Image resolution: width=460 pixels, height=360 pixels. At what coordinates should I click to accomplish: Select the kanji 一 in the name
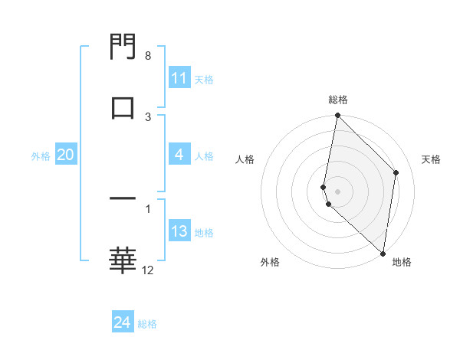123,199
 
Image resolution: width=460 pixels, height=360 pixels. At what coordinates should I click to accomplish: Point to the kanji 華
123,260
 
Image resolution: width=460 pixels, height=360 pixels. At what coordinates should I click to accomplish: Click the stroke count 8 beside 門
148,56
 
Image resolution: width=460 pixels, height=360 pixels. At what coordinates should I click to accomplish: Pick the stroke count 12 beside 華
148,270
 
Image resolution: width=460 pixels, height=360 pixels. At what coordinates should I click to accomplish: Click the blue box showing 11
179,78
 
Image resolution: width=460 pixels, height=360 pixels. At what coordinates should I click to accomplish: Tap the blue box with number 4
179,155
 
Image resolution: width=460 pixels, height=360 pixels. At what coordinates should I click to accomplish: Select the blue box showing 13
179,232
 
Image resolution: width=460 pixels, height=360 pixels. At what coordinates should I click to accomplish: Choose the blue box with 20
65,155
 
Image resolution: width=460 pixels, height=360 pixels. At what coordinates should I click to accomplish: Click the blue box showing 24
123,323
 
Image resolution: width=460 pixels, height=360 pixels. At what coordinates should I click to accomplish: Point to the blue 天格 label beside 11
204,79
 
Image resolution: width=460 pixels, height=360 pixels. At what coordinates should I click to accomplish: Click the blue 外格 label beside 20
41,156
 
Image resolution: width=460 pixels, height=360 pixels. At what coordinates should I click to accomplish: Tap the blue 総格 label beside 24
147,324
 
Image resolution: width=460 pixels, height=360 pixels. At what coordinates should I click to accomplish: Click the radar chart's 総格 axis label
338,100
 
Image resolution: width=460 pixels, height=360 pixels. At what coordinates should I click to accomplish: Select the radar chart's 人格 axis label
245,159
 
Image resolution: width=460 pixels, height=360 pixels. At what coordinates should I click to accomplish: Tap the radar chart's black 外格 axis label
270,262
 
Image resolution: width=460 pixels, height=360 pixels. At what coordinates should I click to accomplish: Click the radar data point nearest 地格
383,253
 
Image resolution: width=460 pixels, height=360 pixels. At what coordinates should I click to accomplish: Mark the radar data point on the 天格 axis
396,172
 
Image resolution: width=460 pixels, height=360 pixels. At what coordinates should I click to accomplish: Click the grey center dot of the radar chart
337,191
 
